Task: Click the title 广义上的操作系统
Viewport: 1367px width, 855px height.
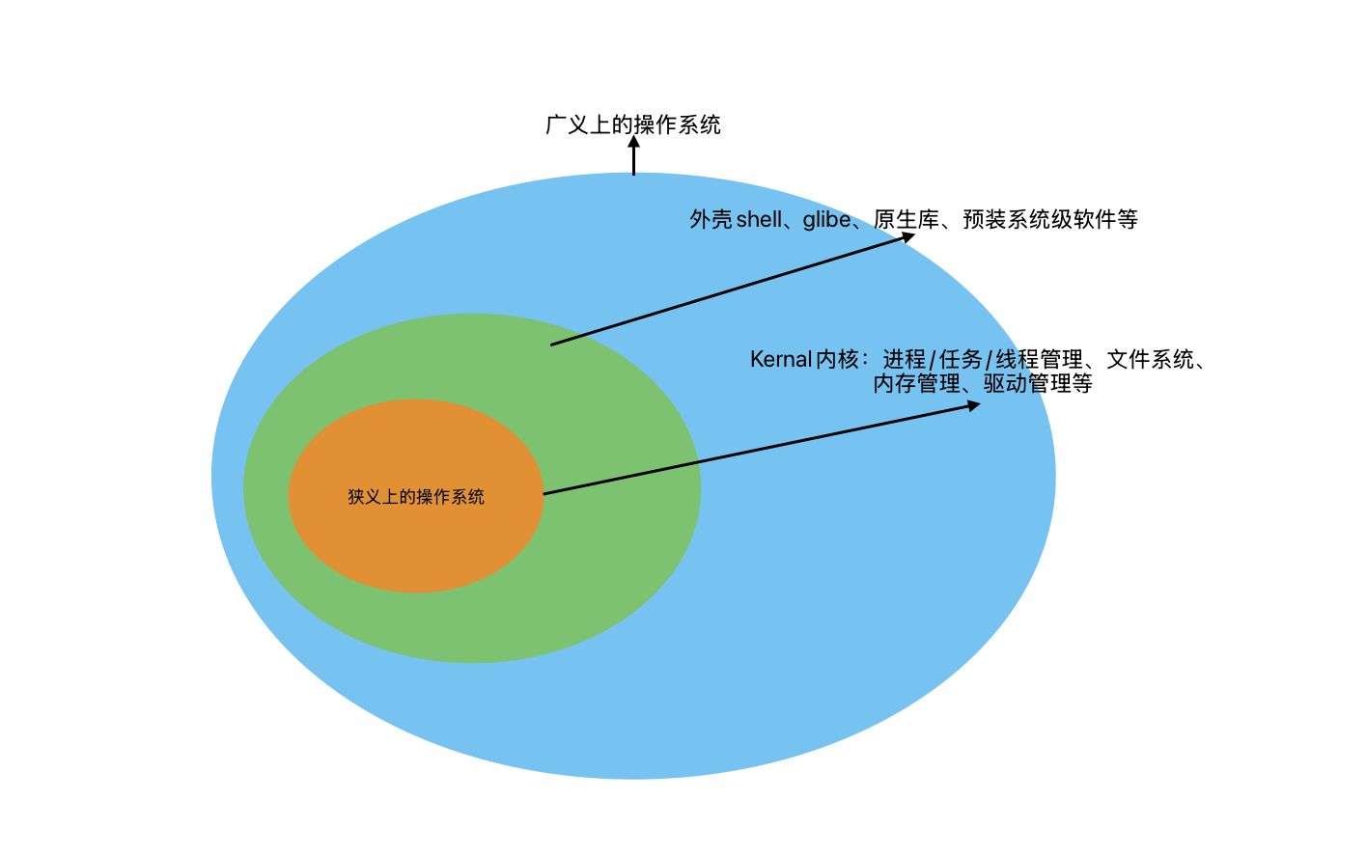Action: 633,124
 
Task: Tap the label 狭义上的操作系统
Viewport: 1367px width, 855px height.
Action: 416,497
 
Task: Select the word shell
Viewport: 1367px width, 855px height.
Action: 759,220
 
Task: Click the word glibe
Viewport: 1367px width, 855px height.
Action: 826,220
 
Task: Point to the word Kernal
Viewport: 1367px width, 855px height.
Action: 781,360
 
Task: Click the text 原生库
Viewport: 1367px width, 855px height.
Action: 906,220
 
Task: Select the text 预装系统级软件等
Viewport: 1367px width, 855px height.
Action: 1050,220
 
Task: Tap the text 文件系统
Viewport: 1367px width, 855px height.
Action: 1150,360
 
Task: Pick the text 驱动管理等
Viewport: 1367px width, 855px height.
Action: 1038,384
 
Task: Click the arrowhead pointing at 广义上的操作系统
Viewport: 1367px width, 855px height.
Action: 634,141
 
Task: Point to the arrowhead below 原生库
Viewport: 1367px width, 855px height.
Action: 907,236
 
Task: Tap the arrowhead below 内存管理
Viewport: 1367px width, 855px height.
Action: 972,406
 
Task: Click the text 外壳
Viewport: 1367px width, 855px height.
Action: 711,220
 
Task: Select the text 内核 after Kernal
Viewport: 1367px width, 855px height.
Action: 837,360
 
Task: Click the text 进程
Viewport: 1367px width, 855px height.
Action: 904,360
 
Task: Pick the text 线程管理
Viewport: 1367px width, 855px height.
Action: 1039,360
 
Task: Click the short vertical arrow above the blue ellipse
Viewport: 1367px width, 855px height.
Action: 634,157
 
